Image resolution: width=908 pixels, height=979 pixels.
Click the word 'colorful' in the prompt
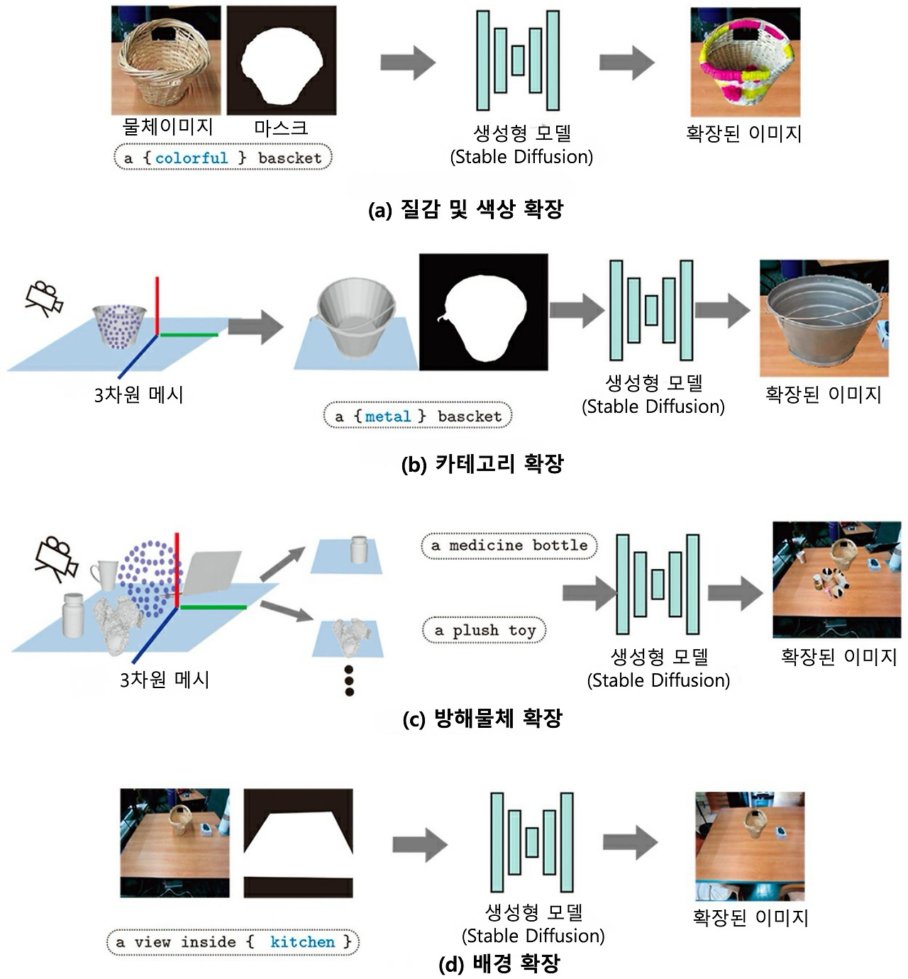click(x=192, y=158)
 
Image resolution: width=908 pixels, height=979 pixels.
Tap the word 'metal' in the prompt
click(x=388, y=416)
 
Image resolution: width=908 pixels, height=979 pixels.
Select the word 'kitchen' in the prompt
click(x=303, y=942)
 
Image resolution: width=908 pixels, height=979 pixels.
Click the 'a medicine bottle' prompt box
click(x=509, y=546)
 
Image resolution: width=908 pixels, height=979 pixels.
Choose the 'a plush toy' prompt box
click(x=485, y=630)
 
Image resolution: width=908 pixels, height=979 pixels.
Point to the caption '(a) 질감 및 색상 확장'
click(x=466, y=209)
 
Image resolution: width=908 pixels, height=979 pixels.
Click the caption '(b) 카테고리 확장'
click(x=482, y=465)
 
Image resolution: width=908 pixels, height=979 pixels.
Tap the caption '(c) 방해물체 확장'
click(x=482, y=719)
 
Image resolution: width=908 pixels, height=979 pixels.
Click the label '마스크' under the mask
click(x=281, y=128)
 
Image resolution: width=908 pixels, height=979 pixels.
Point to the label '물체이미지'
click(x=167, y=127)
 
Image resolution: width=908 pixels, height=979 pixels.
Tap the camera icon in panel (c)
click(x=56, y=561)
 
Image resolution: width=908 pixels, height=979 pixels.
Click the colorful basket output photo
click(x=745, y=62)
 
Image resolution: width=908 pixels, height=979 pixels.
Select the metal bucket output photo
click(x=824, y=319)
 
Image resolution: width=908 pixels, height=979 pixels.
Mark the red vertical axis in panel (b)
click(x=157, y=306)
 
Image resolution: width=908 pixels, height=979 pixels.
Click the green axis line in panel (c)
click(x=213, y=607)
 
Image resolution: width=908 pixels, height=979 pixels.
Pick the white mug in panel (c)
click(x=105, y=575)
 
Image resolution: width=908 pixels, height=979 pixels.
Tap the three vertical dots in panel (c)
click(x=349, y=681)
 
